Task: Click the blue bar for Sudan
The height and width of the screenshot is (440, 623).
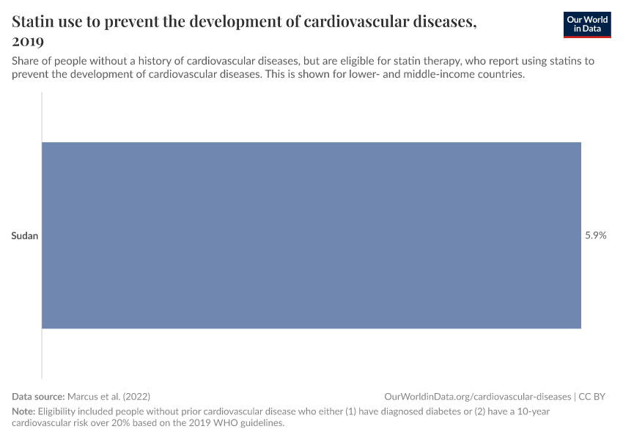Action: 311,235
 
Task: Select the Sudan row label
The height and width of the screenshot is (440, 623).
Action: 25,235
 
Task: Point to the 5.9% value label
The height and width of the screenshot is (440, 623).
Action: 596,235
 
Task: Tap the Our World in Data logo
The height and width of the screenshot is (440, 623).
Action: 587,25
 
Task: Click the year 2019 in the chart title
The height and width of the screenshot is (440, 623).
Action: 28,41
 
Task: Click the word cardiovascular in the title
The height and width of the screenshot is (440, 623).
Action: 357,21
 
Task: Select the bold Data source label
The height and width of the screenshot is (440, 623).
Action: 38,396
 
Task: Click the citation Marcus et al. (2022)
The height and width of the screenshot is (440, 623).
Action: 109,396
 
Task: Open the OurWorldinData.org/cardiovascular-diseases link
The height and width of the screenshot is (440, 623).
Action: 478,396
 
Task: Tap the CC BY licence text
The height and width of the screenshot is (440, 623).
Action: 592,396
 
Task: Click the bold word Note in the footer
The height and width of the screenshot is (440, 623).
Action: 23,411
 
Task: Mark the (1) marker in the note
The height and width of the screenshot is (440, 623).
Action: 350,411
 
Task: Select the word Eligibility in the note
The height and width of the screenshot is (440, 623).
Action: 56,411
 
